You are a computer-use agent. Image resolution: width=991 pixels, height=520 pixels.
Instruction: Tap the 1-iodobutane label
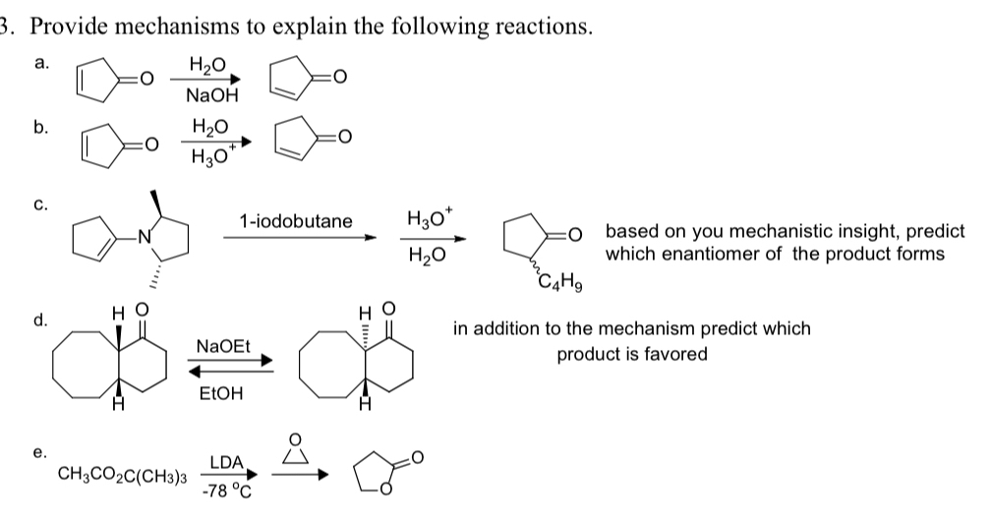point(295,221)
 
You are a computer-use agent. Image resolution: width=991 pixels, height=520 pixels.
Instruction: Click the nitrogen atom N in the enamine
point(144,235)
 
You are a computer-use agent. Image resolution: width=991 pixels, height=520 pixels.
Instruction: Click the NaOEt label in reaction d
point(224,346)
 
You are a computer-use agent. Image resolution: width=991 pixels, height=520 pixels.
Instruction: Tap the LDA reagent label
point(227,462)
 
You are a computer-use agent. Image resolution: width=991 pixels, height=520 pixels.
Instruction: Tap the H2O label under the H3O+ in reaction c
point(426,257)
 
